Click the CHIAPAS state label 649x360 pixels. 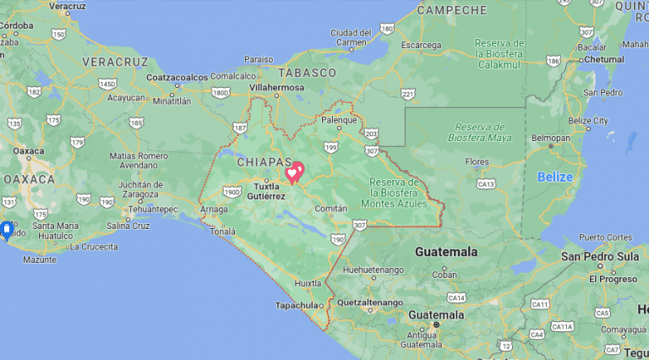pos(264,161)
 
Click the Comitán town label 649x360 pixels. pos(330,208)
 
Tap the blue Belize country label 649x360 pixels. pos(555,177)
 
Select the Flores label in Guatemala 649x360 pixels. pos(477,161)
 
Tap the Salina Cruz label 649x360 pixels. pos(128,226)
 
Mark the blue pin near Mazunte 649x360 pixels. pos(6,229)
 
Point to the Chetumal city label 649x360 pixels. pos(605,60)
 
